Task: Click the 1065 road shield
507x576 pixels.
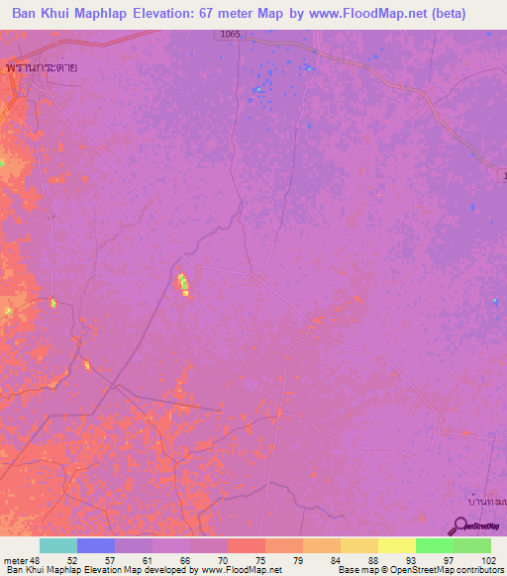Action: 231,34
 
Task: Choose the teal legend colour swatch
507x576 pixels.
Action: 57,545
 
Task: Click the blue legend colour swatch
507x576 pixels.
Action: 96,545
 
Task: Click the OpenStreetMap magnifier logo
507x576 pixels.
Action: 460,527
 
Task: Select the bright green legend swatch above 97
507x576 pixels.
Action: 434,545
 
